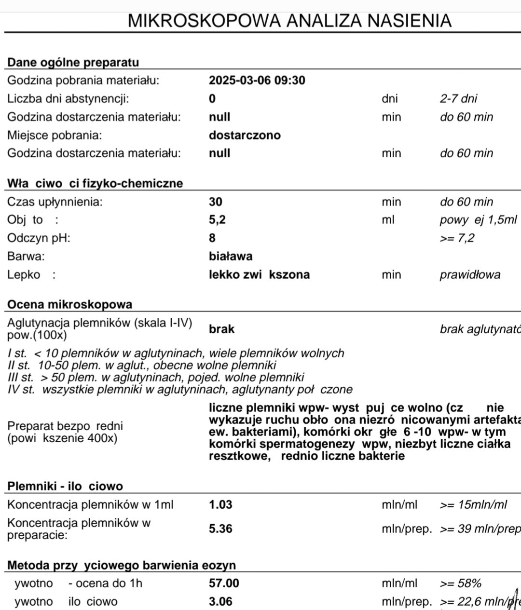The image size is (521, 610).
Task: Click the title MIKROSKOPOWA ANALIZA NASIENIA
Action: coord(289,21)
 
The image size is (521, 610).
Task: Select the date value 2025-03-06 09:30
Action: coord(257,81)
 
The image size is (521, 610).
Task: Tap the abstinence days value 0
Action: coord(212,99)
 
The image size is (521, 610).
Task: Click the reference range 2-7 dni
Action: coord(458,99)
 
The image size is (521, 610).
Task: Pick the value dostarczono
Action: coord(245,135)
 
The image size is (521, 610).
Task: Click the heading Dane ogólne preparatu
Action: coord(73,62)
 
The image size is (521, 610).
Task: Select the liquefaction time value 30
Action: coord(216,202)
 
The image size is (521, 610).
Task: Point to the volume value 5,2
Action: coord(217,220)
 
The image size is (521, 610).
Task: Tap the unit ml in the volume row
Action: coord(388,220)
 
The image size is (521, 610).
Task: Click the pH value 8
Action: coord(212,238)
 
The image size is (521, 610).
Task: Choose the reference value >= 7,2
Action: coord(457,238)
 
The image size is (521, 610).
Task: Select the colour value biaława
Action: coord(231,256)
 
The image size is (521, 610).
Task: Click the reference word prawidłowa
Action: coord(470,275)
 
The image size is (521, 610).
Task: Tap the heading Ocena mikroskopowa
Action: coord(70,304)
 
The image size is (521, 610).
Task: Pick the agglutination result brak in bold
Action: coord(221,329)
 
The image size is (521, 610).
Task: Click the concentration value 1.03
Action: coord(220,505)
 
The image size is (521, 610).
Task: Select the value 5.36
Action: coord(220,529)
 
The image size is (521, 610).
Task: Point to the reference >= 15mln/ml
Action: coord(473,505)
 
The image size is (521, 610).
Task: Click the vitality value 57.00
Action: coord(224,583)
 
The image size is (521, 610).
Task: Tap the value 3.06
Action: coord(220,602)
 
